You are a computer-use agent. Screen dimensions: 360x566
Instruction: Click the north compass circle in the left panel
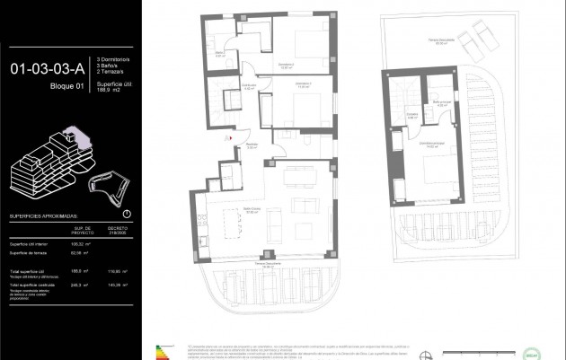[x=126, y=214]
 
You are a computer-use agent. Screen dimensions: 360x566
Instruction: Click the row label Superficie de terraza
[x=30, y=252]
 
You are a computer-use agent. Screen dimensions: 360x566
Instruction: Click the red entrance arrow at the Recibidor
[x=230, y=138]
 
